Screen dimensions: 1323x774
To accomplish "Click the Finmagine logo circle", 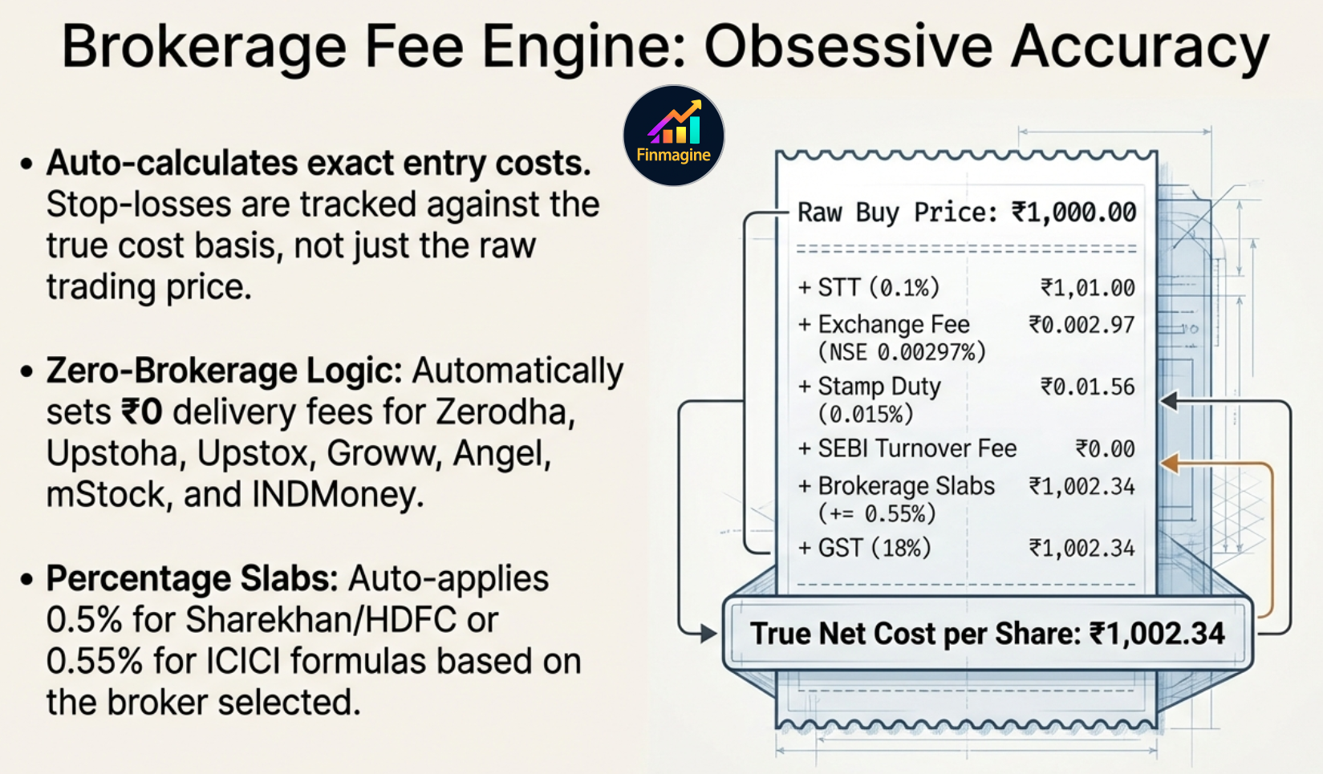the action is tap(673, 136).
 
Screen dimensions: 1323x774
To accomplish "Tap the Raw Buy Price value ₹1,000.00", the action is tap(1073, 213).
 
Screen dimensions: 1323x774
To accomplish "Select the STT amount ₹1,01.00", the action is tap(1087, 288).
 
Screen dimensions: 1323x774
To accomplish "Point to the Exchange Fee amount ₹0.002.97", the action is tap(1082, 325).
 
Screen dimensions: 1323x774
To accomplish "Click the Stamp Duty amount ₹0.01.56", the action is tap(1087, 387).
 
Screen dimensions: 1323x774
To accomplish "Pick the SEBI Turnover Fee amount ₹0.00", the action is tap(1105, 448).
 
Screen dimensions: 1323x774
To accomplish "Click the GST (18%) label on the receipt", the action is tap(875, 548).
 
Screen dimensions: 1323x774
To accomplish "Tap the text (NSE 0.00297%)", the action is tap(902, 352).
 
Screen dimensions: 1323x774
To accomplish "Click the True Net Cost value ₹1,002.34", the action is tap(1157, 634).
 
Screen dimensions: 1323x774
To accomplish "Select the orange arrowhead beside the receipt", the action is tap(1170, 464).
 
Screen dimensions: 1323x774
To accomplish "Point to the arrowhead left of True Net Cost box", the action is tap(708, 634).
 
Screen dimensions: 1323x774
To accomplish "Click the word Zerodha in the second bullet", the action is tap(505, 411).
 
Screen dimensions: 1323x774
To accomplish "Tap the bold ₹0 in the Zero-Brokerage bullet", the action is tap(142, 412).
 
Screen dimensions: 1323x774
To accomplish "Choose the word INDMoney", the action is tap(337, 494).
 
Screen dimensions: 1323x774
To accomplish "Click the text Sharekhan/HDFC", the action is tap(321, 620).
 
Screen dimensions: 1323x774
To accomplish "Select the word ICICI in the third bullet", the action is tap(243, 661).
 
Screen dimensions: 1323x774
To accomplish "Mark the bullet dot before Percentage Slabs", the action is tap(26, 580).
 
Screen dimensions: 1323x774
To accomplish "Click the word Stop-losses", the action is tap(139, 205).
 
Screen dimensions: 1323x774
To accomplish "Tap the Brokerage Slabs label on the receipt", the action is tap(906, 486).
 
